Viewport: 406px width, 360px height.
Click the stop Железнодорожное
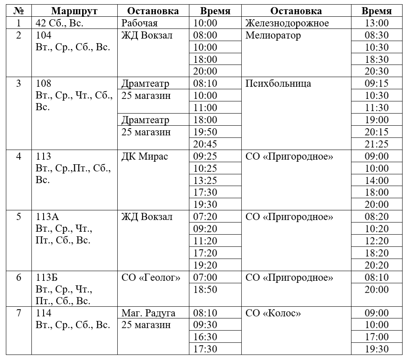(x=287, y=23)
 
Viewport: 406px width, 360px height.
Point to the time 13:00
(x=376, y=23)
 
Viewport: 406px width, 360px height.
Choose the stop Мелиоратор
(x=273, y=35)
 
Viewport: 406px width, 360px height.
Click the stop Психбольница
(x=278, y=83)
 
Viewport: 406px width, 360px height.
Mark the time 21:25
(x=376, y=144)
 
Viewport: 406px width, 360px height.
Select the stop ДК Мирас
(x=145, y=156)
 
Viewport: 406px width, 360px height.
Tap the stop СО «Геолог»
(x=151, y=277)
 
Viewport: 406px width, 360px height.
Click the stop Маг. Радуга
(x=148, y=313)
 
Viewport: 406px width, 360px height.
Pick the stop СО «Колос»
(x=273, y=313)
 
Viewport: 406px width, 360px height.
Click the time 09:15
(x=376, y=83)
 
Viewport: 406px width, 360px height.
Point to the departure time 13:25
(x=205, y=181)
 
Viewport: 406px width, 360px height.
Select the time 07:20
(x=205, y=217)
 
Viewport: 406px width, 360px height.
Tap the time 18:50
(x=205, y=289)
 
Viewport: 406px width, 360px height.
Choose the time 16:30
(x=205, y=337)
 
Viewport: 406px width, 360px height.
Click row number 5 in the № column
(x=18, y=217)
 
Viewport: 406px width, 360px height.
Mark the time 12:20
(x=376, y=241)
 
